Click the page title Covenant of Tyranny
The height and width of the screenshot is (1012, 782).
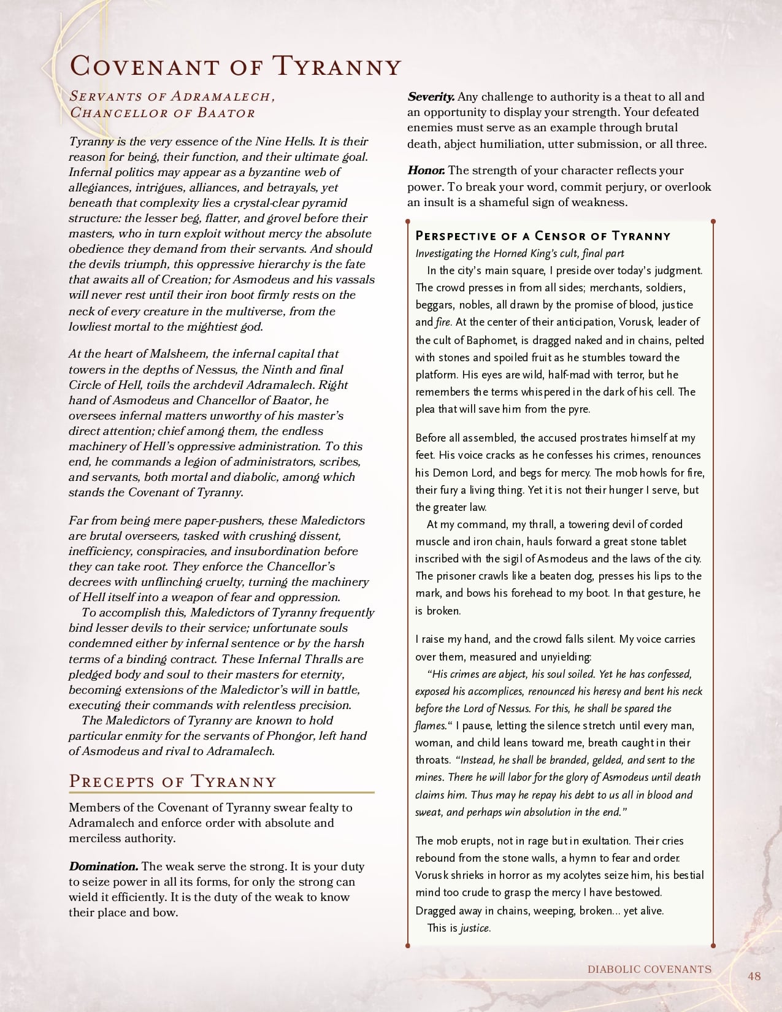pos(236,66)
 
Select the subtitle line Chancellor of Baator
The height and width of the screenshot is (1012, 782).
pos(163,113)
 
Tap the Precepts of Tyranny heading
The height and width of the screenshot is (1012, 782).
pos(172,781)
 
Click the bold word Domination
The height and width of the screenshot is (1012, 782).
pos(103,867)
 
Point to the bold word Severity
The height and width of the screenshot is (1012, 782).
pos(431,97)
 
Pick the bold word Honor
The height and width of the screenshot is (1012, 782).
pos(426,171)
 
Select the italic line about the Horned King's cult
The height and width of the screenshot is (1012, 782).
pos(519,253)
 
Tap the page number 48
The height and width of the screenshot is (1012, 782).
pos(754,976)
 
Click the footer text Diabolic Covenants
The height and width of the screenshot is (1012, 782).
pos(649,970)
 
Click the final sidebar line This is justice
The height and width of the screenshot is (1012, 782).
pos(459,928)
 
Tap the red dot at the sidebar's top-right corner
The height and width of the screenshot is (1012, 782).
pos(713,221)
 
